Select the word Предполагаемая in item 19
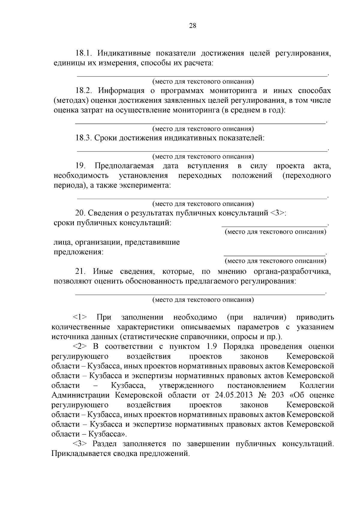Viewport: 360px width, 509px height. (124, 166)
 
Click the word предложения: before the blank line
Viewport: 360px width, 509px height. (78, 252)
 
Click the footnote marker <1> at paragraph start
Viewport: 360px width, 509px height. (80, 317)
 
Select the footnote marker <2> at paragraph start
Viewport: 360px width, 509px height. (80, 346)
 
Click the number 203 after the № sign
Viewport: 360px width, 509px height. (277, 395)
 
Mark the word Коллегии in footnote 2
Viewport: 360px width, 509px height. (316, 385)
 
